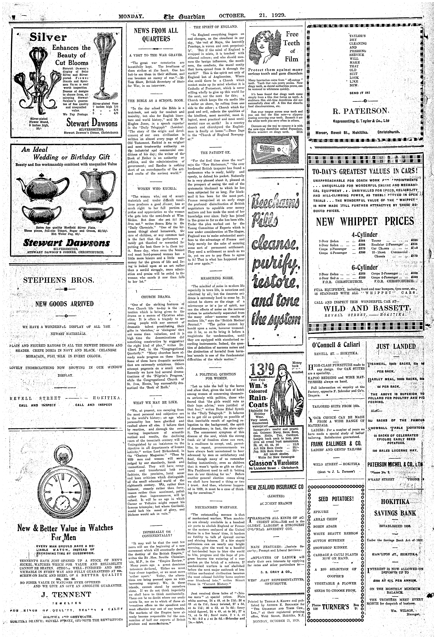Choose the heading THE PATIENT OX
(x=216, y=153)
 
